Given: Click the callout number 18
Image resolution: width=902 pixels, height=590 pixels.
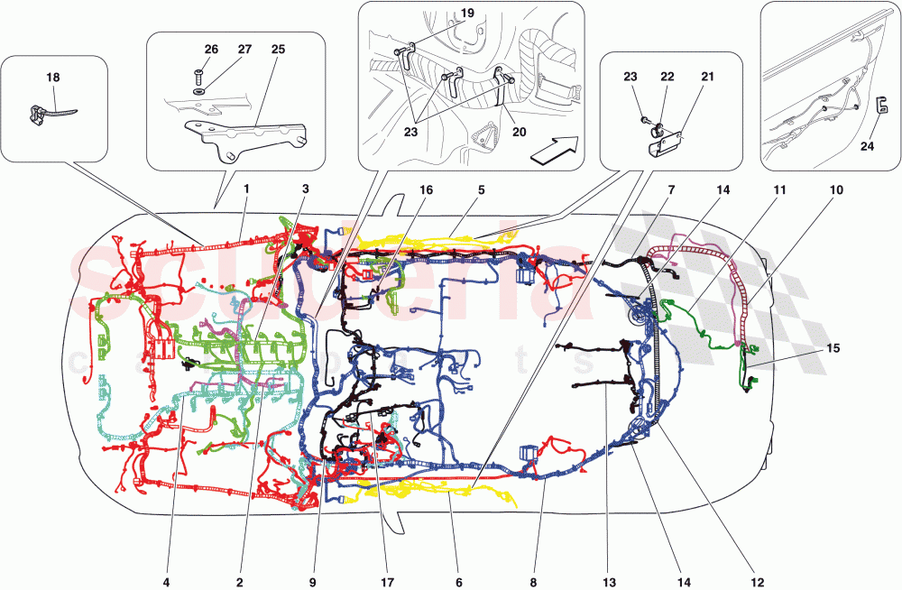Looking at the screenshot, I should coord(53,78).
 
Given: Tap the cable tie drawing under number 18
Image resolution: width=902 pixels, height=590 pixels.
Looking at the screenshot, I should coord(47,113).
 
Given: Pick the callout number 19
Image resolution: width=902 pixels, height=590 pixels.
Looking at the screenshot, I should coord(467,14).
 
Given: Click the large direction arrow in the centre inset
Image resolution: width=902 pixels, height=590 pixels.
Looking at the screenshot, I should coord(552,149).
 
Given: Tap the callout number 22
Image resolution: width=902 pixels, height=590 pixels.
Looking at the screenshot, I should coord(667,78).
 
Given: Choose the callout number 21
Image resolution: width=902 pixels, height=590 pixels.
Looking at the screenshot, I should coord(707,78).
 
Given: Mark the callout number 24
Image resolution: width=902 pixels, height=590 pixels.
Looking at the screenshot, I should coord(868,147).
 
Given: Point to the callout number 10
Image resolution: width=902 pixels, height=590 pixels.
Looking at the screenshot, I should coord(837,191).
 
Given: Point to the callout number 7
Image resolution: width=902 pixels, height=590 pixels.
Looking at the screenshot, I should coord(672,191).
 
